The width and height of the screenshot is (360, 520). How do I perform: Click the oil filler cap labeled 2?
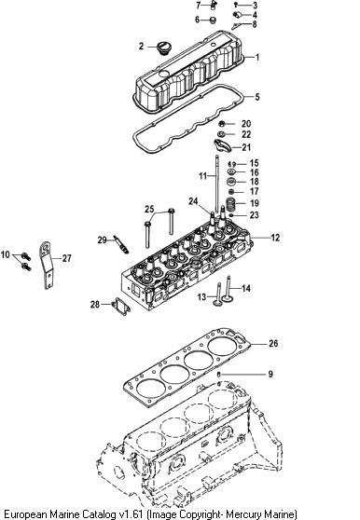162,48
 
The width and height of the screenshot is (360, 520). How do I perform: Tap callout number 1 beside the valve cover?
256,57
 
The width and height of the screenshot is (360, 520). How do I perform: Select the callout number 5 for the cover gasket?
257,97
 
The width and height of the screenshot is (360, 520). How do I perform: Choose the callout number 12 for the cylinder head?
275,238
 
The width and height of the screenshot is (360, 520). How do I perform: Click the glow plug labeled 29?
121,244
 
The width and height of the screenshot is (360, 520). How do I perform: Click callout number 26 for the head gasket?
273,343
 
